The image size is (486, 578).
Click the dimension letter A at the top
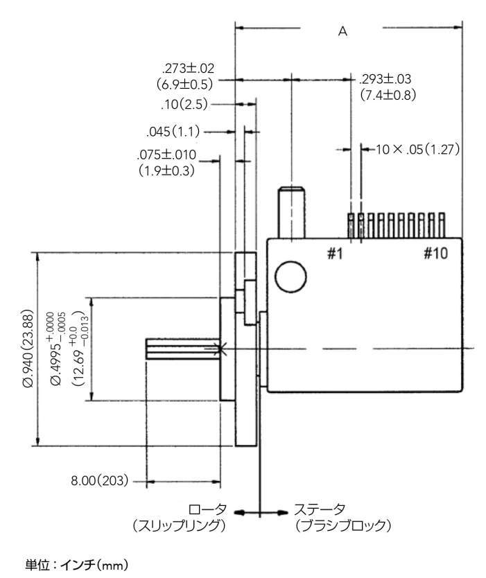[x=342, y=32]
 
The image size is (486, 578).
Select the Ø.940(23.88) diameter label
[x=27, y=347]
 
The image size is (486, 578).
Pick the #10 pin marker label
[x=437, y=254]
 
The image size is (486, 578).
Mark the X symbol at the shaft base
[x=220, y=349]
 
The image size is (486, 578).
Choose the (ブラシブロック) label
[x=342, y=527]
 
